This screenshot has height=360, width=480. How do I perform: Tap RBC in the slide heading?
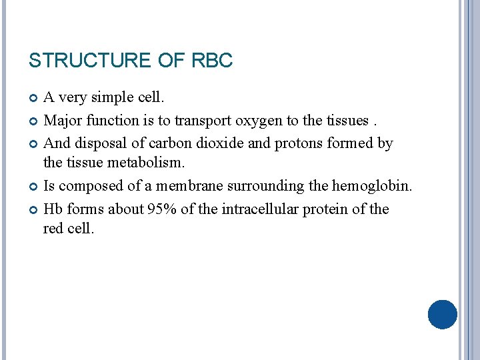pyautogui.click(x=212, y=61)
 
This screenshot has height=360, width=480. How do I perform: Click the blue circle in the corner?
pyautogui.click(x=443, y=314)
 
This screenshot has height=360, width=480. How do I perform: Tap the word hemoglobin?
pyautogui.click(x=373, y=186)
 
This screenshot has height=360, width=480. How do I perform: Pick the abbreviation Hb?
pyautogui.click(x=53, y=209)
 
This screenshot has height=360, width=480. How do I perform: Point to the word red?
pyautogui.click(x=53, y=229)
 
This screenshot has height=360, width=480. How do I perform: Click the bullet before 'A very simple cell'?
pyautogui.click(x=34, y=99)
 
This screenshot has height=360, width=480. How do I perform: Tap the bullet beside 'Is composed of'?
pyautogui.click(x=34, y=187)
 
